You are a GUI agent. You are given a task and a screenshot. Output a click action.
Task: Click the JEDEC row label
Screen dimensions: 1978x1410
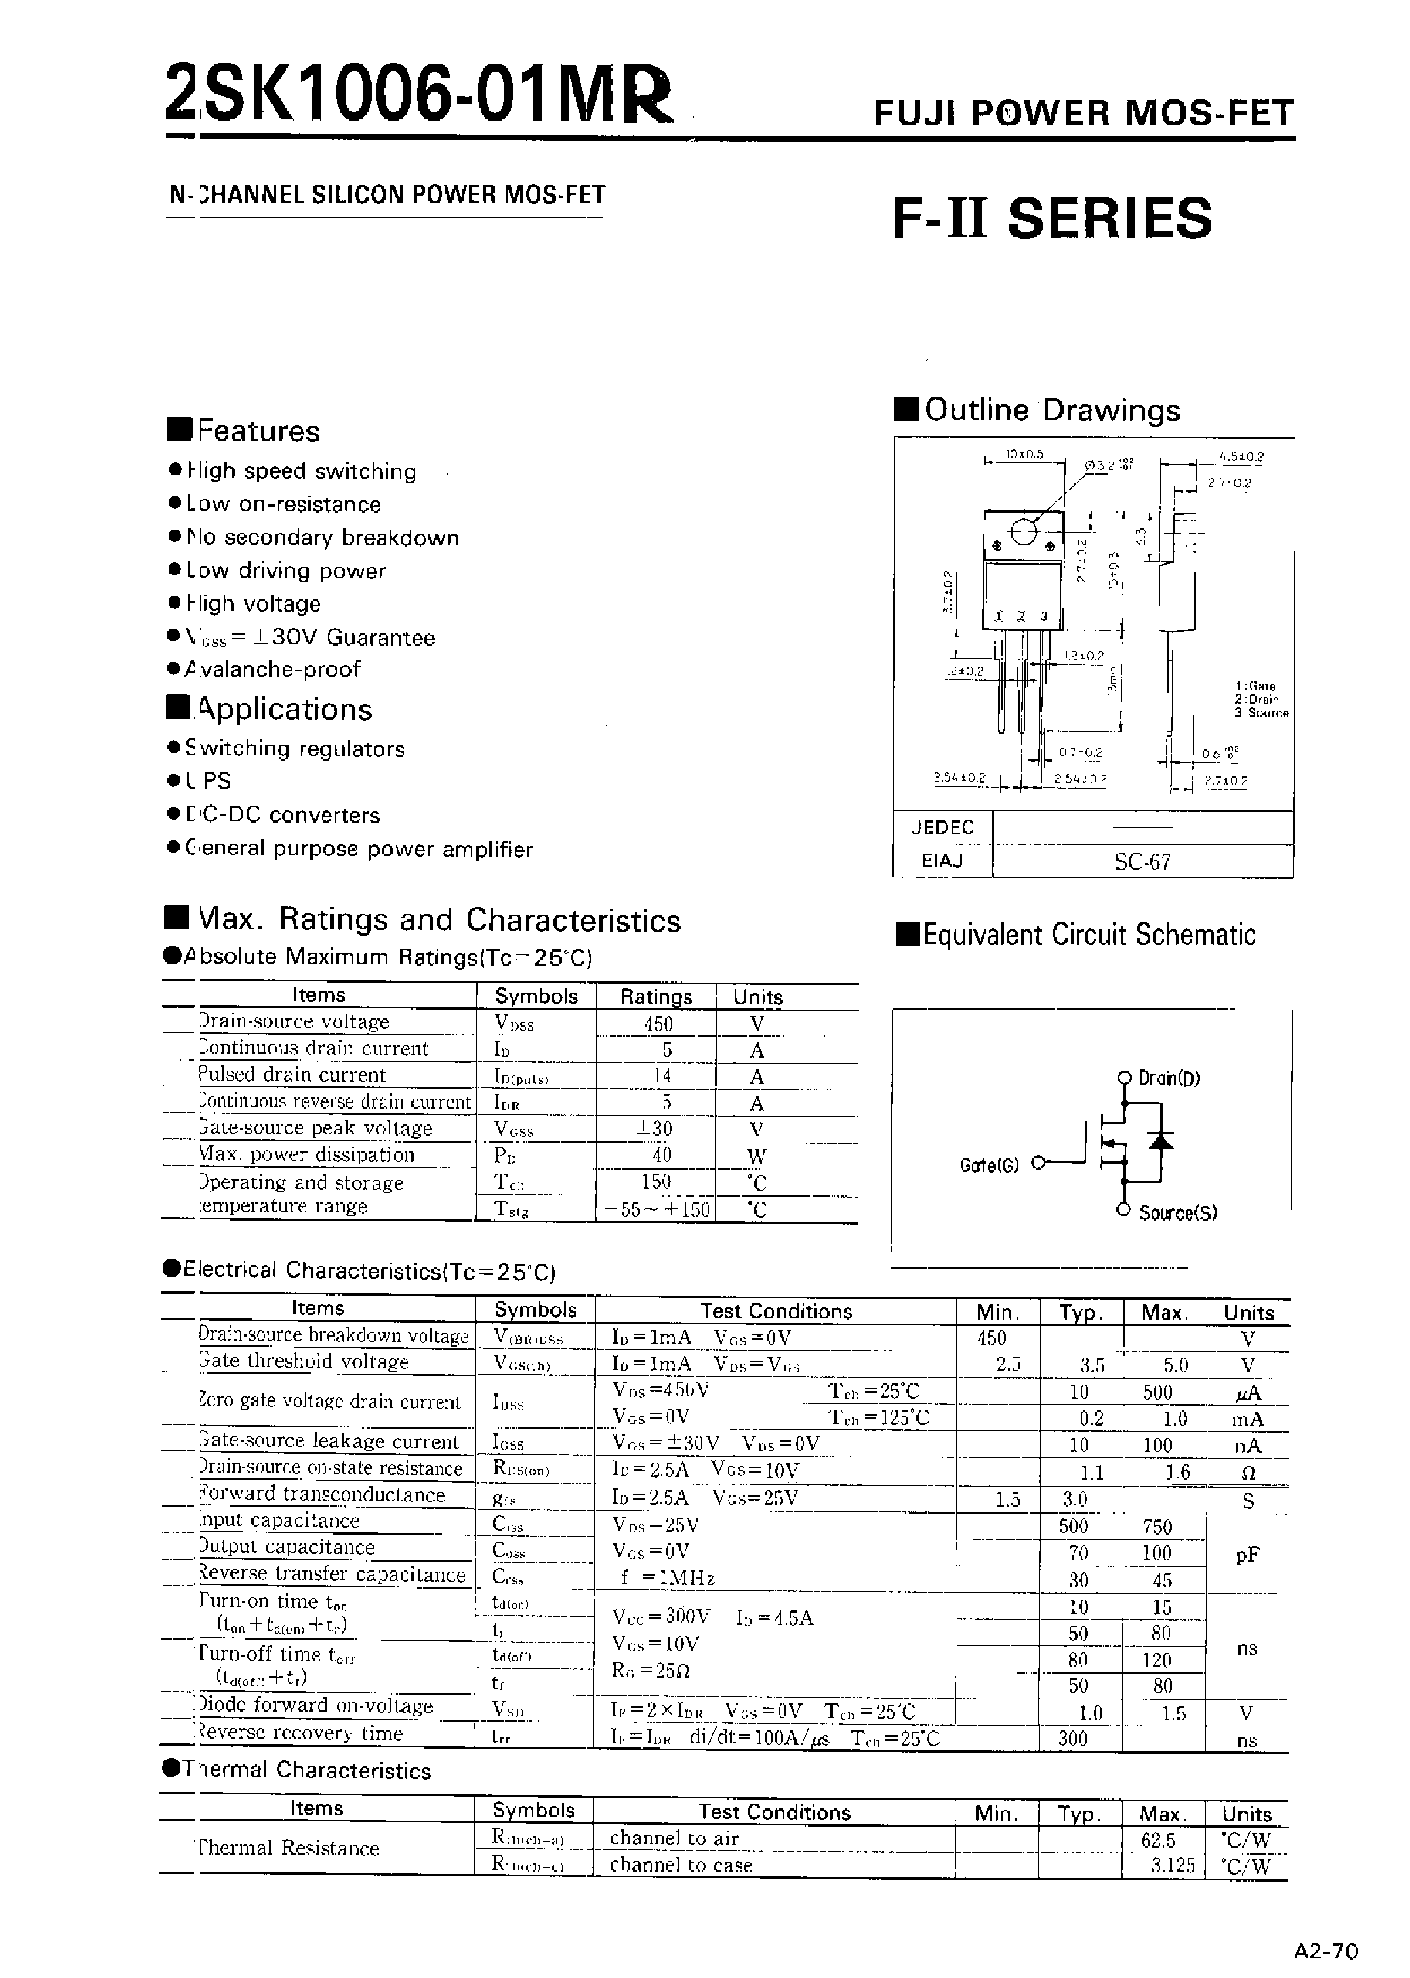click(x=942, y=827)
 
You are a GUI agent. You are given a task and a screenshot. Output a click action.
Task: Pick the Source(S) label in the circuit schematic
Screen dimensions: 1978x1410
click(x=1177, y=1213)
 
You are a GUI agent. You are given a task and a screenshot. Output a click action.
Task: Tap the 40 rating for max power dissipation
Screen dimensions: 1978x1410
click(x=662, y=1155)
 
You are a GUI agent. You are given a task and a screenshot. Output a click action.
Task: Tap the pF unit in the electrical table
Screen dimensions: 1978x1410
click(x=1247, y=1554)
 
